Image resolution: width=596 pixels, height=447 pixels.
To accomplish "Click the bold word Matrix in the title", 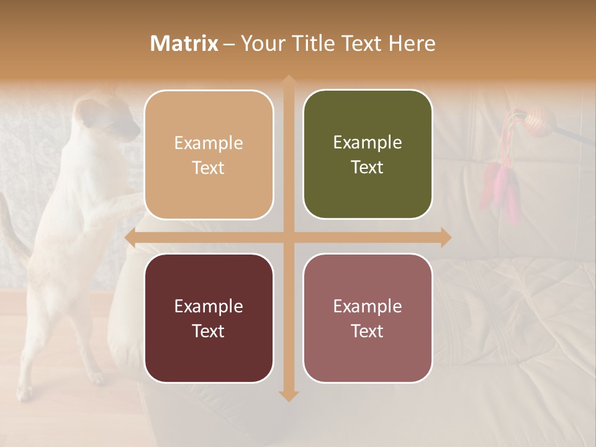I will coord(184,43).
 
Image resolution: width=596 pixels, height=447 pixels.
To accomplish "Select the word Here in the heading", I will coord(412,43).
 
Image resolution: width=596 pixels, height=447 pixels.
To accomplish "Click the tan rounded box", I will coord(209,155).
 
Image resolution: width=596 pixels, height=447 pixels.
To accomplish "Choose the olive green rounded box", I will coord(368,155).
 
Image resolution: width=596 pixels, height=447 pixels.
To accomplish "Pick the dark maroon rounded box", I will coord(209,318).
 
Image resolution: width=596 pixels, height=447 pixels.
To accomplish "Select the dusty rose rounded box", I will coord(368,318).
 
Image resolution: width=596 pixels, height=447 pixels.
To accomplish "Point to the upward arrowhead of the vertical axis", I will coord(289,81).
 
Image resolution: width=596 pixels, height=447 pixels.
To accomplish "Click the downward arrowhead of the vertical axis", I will coord(289,395).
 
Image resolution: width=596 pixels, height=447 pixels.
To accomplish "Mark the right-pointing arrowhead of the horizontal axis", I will coord(445,238).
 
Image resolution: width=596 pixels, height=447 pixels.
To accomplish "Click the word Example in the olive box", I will coord(368,142).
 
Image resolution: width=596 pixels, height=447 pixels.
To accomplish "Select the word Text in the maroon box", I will coord(209,331).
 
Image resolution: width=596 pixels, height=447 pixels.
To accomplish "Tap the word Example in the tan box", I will coord(209,143).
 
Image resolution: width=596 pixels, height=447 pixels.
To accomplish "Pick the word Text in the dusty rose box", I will coord(368,331).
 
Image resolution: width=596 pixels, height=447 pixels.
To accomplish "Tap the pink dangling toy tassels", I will coord(500,186).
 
